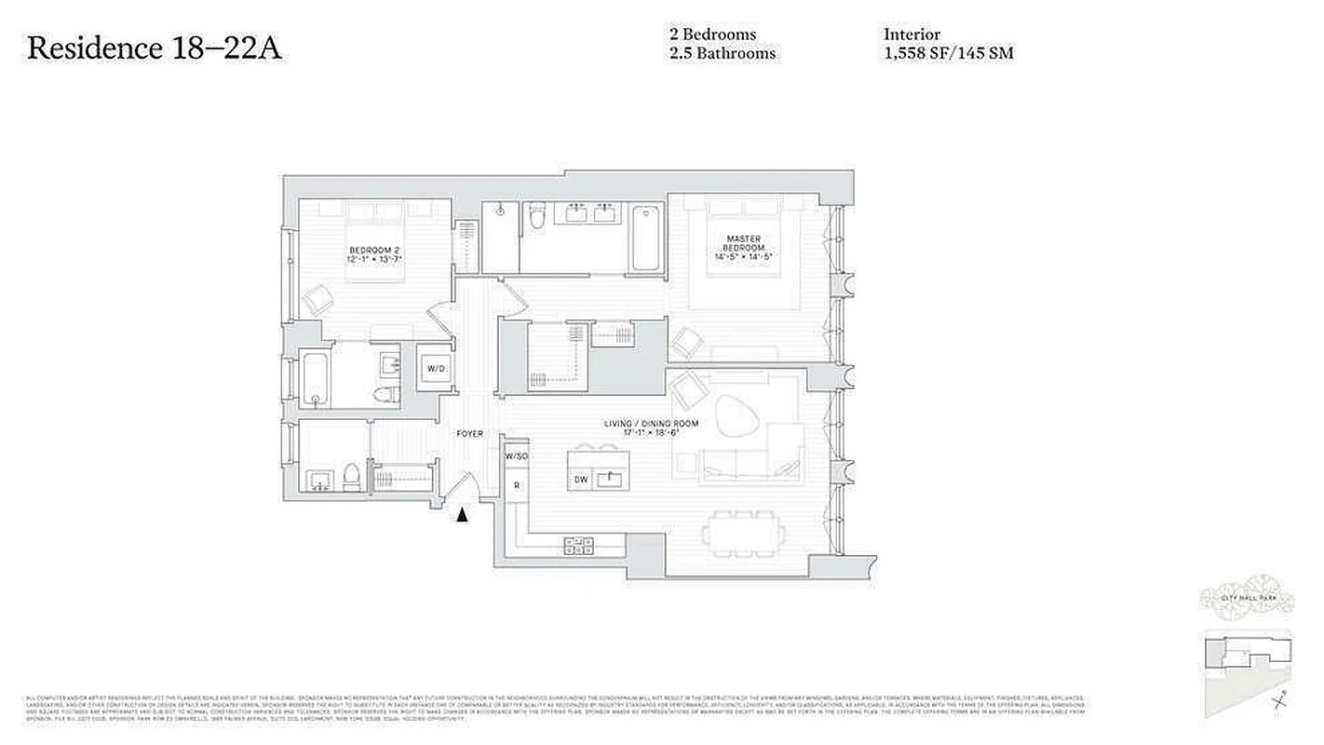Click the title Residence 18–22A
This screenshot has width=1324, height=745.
[x=154, y=48]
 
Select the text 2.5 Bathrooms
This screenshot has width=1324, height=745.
[x=722, y=54]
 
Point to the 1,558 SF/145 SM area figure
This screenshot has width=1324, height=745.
[x=948, y=54]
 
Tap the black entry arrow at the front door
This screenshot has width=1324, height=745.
[x=462, y=513]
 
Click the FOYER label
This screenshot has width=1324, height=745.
[x=469, y=434]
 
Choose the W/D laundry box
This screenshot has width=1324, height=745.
[x=437, y=369]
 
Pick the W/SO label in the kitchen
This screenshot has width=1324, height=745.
[x=516, y=456]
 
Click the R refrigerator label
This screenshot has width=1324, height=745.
[x=516, y=485]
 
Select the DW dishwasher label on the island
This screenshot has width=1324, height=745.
[x=580, y=480]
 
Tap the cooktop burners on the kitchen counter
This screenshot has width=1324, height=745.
[x=578, y=547]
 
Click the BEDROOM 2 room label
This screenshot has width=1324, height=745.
[x=374, y=251]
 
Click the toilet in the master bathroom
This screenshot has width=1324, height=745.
[x=535, y=220]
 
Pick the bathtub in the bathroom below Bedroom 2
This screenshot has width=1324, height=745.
[x=316, y=377]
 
